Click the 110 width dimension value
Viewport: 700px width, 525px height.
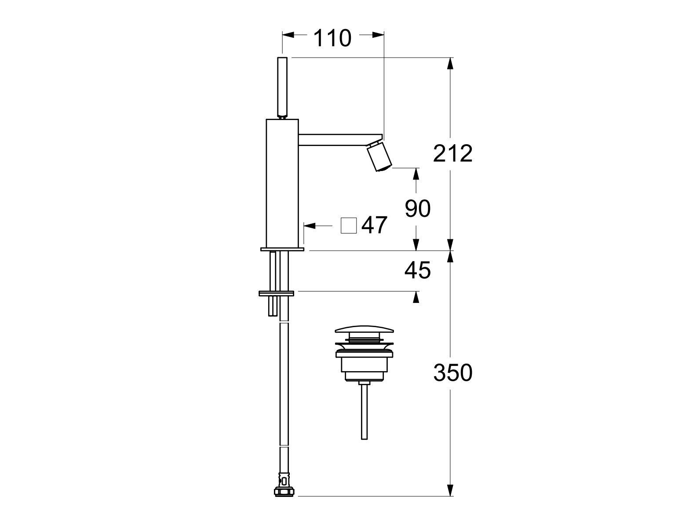(x=332, y=38)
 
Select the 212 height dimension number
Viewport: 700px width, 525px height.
(x=452, y=153)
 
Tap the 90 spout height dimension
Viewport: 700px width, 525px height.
(x=417, y=209)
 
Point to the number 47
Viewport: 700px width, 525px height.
(x=374, y=225)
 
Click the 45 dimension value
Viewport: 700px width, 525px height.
(x=417, y=270)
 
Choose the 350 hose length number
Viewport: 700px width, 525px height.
(x=452, y=372)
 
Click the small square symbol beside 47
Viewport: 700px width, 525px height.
(x=349, y=226)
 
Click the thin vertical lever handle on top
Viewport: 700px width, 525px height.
(x=283, y=87)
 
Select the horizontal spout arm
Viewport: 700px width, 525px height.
(x=340, y=140)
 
